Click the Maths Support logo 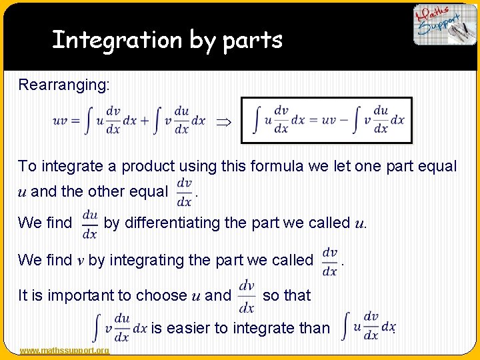pyautogui.click(x=444, y=25)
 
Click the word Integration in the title pyautogui.click(x=117, y=40)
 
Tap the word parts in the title pyautogui.click(x=253, y=41)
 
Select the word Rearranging pyautogui.click(x=65, y=85)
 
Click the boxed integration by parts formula pyautogui.click(x=327, y=120)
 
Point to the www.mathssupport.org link pyautogui.click(x=65, y=351)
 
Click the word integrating pyautogui.click(x=147, y=260)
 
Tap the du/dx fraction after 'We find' pyautogui.click(x=89, y=223)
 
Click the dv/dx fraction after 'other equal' pyautogui.click(x=184, y=193)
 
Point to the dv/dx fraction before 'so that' pyautogui.click(x=246, y=296)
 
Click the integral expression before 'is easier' pyautogui.click(x=119, y=327)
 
